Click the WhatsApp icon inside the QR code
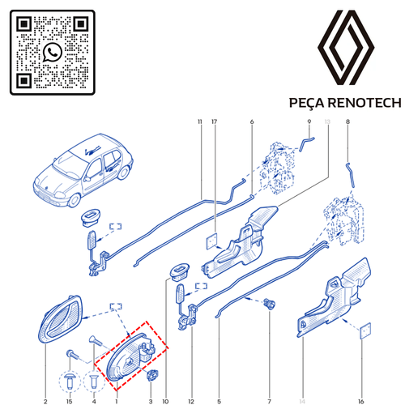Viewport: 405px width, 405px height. tap(53, 52)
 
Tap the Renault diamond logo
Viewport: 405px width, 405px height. tap(346, 48)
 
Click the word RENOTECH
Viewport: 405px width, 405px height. tap(365, 103)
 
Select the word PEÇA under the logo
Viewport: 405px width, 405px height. tap(306, 104)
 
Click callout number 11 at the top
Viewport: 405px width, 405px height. tap(200, 122)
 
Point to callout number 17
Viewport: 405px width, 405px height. tap(215, 122)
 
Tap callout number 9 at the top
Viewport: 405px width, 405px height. tap(309, 122)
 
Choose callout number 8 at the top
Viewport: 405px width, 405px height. tap(347, 122)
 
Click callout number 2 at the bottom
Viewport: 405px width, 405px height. tap(45, 402)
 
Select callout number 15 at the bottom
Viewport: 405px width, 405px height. tap(70, 402)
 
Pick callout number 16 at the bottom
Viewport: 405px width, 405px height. tap(361, 402)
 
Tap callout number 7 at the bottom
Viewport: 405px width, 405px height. tap(270, 402)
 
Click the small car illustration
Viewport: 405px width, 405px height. tap(83, 170)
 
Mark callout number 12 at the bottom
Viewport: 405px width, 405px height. tap(191, 402)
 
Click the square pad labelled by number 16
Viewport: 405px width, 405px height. tap(365, 330)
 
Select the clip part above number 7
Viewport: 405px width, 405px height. tap(269, 303)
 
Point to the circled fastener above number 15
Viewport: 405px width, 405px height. tap(70, 382)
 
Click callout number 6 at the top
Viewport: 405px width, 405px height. tap(252, 122)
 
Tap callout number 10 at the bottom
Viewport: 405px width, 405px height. tap(165, 402)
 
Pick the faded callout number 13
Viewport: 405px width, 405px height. tap(327, 122)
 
